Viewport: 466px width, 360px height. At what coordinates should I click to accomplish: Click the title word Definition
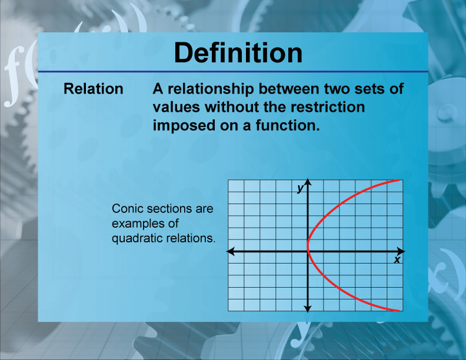(x=238, y=53)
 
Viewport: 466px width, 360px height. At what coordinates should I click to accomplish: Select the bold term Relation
(x=93, y=89)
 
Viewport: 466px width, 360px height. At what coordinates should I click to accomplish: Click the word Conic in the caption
(x=126, y=209)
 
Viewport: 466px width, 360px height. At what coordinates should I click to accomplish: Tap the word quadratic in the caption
(x=137, y=238)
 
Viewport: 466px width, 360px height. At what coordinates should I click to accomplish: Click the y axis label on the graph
(x=300, y=188)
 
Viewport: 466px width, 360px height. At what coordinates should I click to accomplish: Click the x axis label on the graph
(x=397, y=259)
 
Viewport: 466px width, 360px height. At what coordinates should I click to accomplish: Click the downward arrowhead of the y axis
(x=308, y=308)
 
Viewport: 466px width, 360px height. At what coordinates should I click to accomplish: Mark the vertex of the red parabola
(x=308, y=245)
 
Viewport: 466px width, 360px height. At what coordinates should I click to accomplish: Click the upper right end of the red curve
(x=401, y=180)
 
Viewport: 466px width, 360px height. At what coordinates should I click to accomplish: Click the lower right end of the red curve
(x=401, y=311)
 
